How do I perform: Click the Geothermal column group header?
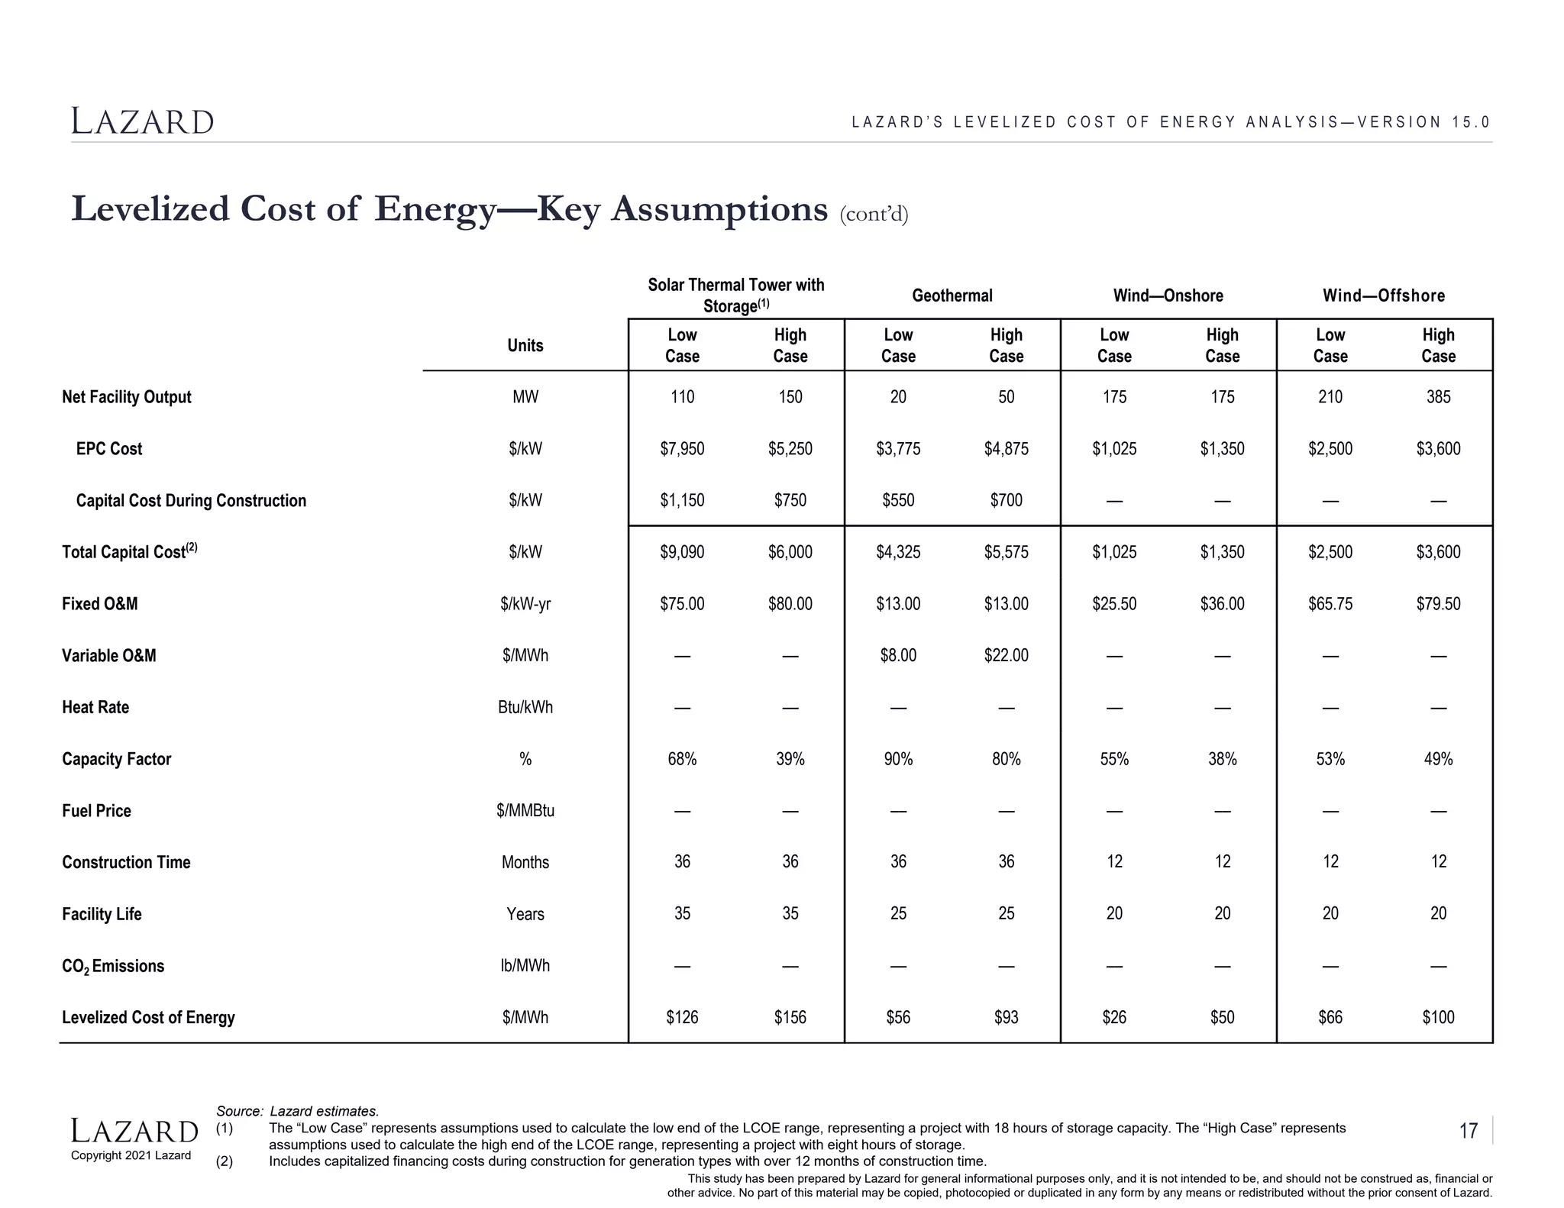[952, 296]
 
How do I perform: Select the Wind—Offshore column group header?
[1383, 296]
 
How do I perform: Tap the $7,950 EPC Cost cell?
[682, 449]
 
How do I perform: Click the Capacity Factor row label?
[116, 759]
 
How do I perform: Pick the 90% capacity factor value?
[898, 759]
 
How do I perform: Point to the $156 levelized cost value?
[790, 1017]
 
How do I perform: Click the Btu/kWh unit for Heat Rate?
[525, 707]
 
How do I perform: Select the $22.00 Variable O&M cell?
[1006, 655]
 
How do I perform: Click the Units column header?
[525, 345]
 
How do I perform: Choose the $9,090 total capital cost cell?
[682, 552]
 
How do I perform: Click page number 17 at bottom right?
[1468, 1131]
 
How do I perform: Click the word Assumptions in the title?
[719, 209]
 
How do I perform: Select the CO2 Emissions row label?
[113, 966]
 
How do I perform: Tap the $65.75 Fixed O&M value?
[1330, 604]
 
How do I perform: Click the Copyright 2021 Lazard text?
[131, 1155]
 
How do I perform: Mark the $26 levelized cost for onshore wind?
[1113, 1017]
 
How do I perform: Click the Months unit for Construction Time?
[525, 862]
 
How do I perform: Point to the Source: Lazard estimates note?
[297, 1111]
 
